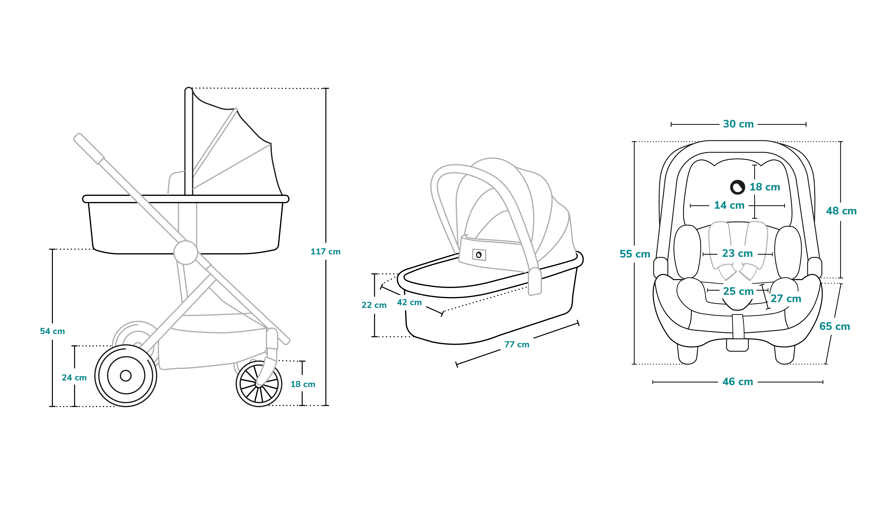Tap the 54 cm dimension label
(x=52, y=331)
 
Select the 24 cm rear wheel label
(x=74, y=378)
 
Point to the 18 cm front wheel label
(x=303, y=384)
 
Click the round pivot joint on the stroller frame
(x=186, y=252)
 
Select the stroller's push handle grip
(x=89, y=148)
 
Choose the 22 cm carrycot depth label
(x=374, y=305)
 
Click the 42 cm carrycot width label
(x=409, y=302)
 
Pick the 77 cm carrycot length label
(x=517, y=344)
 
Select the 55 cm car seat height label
(x=635, y=254)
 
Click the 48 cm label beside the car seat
(x=841, y=211)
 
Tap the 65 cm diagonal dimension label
(x=835, y=326)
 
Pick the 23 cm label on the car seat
(x=738, y=253)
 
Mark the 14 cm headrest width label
(x=729, y=205)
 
